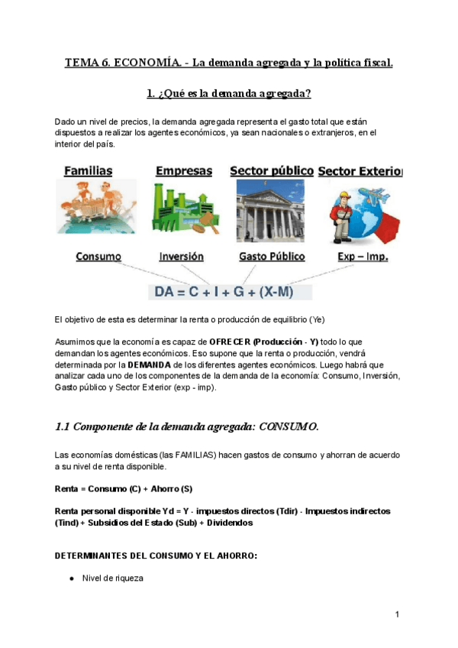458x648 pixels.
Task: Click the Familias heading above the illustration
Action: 89,170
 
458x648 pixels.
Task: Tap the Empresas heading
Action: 183,171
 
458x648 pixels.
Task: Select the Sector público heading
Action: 271,170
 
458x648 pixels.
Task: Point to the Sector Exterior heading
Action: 360,170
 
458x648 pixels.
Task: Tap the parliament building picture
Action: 270,211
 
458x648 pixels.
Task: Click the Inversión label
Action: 182,257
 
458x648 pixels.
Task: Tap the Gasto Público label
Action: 272,257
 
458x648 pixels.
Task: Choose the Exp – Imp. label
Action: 363,257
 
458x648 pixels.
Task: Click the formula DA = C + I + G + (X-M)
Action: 224,293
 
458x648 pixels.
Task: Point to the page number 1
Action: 398,614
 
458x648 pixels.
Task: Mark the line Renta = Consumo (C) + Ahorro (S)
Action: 124,488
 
